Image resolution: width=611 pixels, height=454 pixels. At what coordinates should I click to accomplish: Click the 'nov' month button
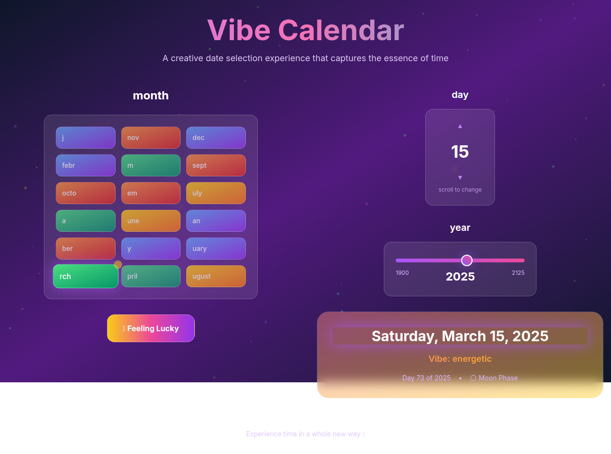150,138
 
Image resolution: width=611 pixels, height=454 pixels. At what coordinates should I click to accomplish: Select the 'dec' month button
216,138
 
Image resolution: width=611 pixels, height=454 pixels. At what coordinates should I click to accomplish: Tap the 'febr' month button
85,165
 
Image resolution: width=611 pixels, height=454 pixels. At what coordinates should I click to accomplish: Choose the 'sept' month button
216,165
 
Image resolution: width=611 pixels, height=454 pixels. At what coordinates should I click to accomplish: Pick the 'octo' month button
85,193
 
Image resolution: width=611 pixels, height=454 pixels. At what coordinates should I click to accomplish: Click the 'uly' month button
216,193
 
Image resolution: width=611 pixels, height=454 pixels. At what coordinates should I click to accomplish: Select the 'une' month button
150,221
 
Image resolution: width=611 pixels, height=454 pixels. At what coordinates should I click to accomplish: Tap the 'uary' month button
216,249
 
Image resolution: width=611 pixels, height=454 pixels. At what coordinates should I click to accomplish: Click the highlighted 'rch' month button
85,276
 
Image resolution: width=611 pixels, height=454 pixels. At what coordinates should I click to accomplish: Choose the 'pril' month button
150,276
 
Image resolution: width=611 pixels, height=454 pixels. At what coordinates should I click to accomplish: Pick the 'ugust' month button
216,276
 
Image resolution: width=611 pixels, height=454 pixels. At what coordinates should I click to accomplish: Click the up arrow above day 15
460,126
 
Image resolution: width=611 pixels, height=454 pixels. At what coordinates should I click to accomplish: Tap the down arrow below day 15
460,178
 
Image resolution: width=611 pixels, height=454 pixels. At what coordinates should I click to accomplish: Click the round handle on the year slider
467,260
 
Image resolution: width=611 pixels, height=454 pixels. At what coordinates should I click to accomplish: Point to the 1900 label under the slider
402,273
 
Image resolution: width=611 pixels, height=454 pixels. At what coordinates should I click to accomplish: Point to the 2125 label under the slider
518,273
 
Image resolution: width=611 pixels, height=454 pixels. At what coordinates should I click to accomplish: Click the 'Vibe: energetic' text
460,359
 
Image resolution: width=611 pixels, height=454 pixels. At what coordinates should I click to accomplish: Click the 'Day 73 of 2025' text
426,378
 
